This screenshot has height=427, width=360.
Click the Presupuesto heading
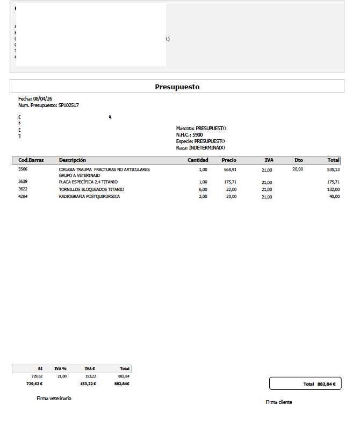[177, 87]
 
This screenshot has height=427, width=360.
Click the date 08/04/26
[42, 99]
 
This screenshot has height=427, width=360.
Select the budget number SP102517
[68, 105]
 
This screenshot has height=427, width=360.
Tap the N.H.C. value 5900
[197, 135]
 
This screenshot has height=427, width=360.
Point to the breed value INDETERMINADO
[207, 148]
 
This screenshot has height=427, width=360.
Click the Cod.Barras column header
[31, 160]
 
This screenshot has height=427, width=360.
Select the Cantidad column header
[198, 160]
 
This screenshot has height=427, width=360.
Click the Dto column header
[299, 160]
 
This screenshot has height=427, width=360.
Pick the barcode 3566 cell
[23, 169]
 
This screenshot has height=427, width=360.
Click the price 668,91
[230, 169]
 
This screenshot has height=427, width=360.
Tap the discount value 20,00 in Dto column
[298, 169]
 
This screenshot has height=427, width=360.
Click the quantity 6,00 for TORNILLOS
[203, 189]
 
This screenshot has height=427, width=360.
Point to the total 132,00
[334, 189]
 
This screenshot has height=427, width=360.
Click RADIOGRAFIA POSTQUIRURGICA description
[89, 197]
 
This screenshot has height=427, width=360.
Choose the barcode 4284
[23, 197]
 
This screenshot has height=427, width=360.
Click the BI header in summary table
[40, 369]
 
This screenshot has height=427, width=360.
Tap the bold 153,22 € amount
[88, 384]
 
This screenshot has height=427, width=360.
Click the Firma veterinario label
[54, 398]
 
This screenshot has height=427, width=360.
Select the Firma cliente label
[279, 402]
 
